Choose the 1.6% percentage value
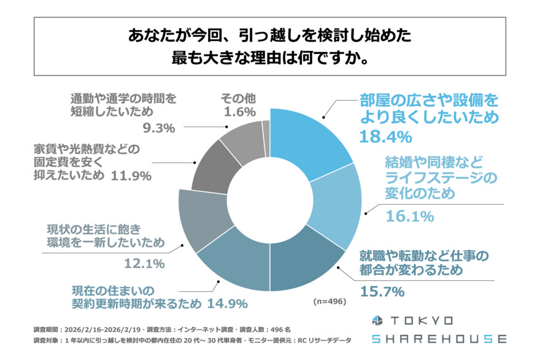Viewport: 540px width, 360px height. (x=234, y=112)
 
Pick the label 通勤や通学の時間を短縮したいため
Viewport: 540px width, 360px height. (x=123, y=105)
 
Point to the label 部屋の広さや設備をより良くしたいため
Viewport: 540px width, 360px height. (x=429, y=108)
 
